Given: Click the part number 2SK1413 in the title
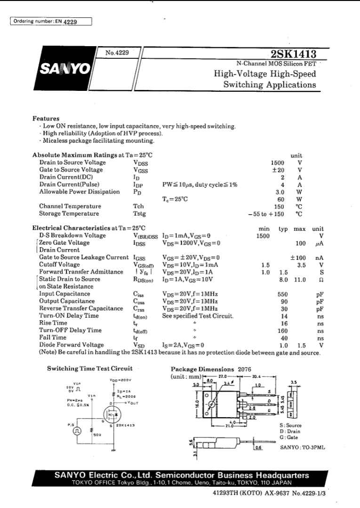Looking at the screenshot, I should (x=294, y=54).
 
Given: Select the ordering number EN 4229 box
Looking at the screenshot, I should (x=51, y=21).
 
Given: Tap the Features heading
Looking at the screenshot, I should (x=46, y=119).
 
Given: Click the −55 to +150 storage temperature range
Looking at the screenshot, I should (x=266, y=214).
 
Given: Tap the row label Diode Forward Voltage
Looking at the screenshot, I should (x=72, y=345).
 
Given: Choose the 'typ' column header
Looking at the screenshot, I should (x=283, y=229).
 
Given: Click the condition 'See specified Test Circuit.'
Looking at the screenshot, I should (x=198, y=316).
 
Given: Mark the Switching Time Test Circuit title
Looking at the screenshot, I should (x=89, y=369).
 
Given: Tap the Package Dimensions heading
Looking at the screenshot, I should (x=202, y=369).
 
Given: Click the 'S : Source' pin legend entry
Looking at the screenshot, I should (x=290, y=425).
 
